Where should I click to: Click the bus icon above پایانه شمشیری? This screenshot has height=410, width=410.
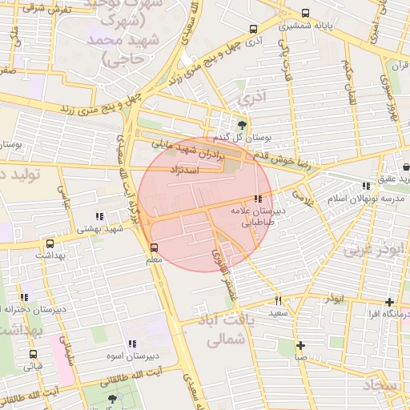304,14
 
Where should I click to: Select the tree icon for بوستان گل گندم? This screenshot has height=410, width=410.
243,124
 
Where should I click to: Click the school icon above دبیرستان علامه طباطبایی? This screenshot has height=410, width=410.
257,199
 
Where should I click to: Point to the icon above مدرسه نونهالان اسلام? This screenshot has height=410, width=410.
366,186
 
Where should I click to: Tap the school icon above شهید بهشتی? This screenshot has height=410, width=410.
99,216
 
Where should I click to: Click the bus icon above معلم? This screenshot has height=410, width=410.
154,247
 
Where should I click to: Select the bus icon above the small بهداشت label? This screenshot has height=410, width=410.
50,243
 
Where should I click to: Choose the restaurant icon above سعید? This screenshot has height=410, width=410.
279,301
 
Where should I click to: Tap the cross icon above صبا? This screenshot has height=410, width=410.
300,346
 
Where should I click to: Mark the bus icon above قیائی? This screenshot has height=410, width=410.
33,353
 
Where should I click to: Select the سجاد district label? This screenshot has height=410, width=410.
380,386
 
